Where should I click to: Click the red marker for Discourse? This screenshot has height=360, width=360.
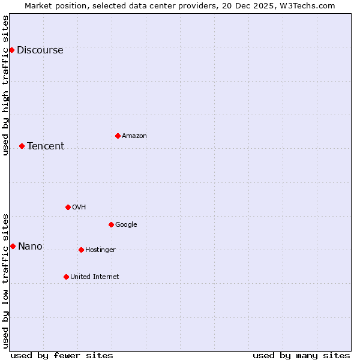[11, 50]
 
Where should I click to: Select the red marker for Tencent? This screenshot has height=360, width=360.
[22, 146]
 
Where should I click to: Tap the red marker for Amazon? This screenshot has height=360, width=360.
[118, 136]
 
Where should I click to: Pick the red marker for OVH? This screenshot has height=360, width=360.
[68, 207]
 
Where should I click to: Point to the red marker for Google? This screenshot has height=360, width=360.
[111, 224]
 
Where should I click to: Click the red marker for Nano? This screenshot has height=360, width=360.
[13, 246]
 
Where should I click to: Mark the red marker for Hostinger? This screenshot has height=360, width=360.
[81, 250]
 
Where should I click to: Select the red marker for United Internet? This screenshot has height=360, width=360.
[66, 277]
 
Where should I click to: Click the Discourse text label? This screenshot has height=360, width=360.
[40, 50]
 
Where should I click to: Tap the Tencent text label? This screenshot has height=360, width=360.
[46, 146]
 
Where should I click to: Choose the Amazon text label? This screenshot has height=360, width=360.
[134, 136]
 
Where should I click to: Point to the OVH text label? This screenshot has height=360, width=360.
[79, 208]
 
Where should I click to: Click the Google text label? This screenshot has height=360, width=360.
[126, 225]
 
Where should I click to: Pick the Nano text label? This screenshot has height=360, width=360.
[30, 247]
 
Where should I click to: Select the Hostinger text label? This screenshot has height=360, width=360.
[100, 250]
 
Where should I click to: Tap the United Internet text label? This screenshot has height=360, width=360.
[95, 277]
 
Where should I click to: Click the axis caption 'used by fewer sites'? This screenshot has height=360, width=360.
[62, 355]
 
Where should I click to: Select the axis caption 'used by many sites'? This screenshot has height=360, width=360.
[301, 355]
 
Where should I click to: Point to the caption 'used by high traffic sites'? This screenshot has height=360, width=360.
[6, 85]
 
